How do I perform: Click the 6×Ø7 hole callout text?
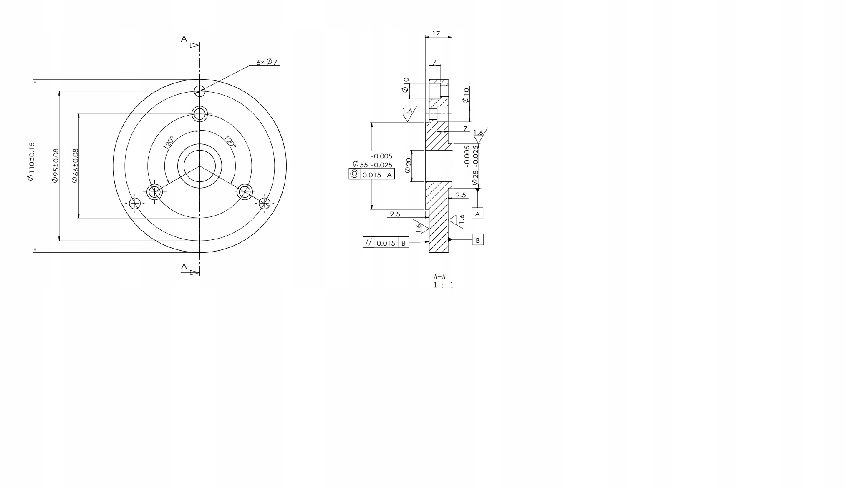click(267, 62)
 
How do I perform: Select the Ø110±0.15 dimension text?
click(31, 161)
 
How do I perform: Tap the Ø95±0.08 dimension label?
click(55, 166)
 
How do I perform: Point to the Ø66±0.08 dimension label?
click(75, 166)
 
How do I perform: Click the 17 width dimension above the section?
click(436, 33)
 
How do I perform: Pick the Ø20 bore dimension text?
click(408, 166)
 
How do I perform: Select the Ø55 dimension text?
click(373, 164)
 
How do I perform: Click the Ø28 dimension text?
click(475, 177)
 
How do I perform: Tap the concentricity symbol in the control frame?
click(354, 174)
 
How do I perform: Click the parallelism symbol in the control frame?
click(368, 242)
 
